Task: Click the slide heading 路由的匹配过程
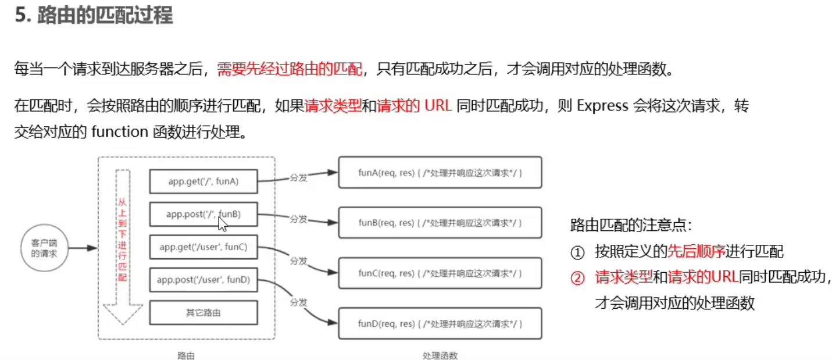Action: (105, 16)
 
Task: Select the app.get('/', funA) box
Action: (203, 181)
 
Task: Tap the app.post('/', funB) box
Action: (203, 215)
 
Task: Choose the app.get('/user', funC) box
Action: (203, 247)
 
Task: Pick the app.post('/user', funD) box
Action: (203, 280)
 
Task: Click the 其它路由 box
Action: (203, 312)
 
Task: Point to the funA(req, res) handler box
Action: (440, 173)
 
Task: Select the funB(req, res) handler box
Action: (440, 223)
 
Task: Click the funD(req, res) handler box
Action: (440, 324)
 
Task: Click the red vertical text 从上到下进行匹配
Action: (122, 238)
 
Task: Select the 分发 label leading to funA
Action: (298, 177)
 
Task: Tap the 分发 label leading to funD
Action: (298, 302)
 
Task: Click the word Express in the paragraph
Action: (602, 106)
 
